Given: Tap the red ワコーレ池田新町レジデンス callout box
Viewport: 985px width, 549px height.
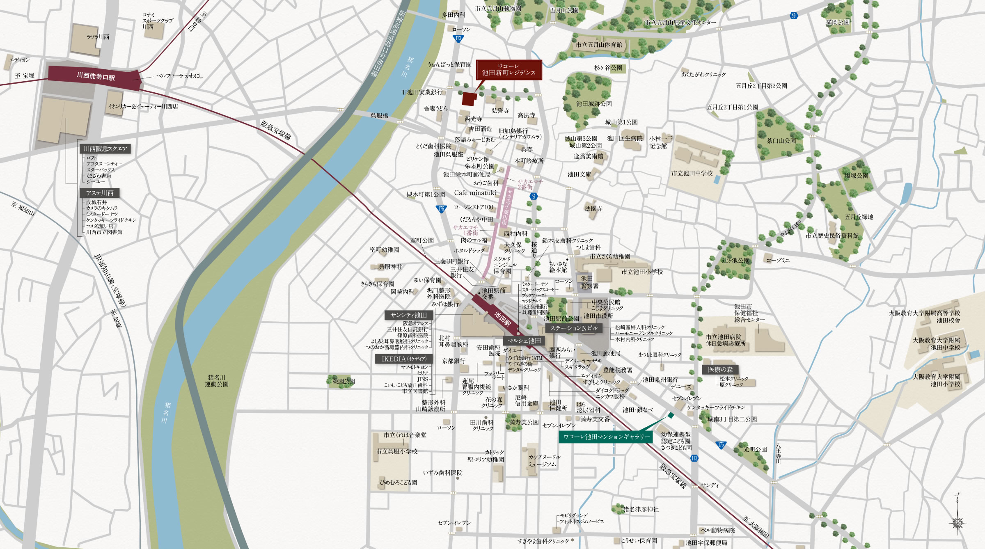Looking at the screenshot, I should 509,70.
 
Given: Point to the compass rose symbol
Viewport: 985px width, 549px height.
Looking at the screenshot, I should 958,522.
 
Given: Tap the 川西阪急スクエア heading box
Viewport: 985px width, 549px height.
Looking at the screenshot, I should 105,149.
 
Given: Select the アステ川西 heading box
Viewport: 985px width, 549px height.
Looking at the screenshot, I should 99,193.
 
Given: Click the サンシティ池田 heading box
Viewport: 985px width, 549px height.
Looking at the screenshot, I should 408,315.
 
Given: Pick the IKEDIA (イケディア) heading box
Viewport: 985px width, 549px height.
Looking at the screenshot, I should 404,359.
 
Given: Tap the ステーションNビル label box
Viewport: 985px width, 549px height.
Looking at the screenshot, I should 573,328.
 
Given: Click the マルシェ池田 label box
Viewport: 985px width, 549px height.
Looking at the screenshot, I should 524,341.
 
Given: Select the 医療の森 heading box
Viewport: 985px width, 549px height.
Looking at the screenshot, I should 720,369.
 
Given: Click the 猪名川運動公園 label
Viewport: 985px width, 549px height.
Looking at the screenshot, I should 217,381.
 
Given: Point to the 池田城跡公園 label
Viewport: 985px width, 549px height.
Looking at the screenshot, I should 593,104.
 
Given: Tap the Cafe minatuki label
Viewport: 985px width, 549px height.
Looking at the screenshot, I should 475,193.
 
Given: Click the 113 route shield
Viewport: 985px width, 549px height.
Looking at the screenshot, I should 694,458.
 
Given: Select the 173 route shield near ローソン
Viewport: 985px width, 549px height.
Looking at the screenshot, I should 458,39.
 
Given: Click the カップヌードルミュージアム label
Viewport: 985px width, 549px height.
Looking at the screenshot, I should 544,460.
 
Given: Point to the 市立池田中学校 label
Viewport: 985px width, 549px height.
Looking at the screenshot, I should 692,173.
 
